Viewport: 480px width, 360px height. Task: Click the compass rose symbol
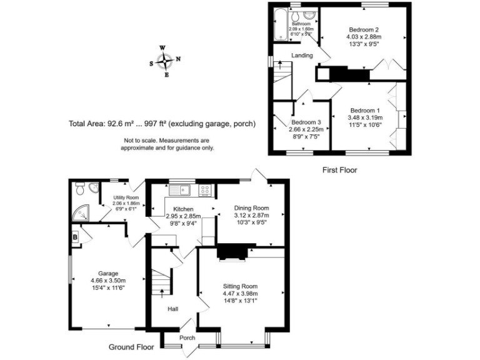pyautogui.click(x=165, y=61)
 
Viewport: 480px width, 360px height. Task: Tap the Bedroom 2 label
pyautogui.click(x=364, y=30)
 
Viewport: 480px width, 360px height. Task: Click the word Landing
pyautogui.click(x=302, y=56)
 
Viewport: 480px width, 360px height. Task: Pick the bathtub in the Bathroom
pyautogui.click(x=279, y=26)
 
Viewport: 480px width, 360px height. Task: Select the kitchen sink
pyautogui.click(x=186, y=189)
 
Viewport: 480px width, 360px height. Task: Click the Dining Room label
pyautogui.click(x=251, y=208)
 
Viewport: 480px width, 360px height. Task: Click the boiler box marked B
pyautogui.click(x=75, y=237)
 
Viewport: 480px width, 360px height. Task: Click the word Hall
pyautogui.click(x=173, y=309)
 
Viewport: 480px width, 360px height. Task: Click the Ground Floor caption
pyautogui.click(x=131, y=346)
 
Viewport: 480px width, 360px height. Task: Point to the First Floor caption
pyautogui.click(x=340, y=169)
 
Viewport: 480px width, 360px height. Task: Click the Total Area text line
pyautogui.click(x=162, y=124)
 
